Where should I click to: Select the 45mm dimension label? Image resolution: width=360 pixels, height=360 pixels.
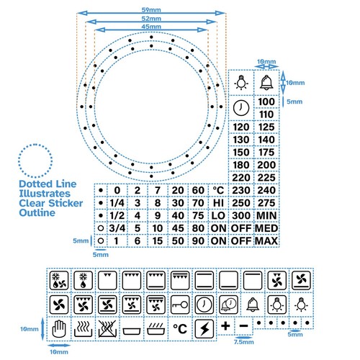pyautogui.click(x=151, y=27)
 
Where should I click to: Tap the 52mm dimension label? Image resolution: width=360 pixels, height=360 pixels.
pyautogui.click(x=151, y=18)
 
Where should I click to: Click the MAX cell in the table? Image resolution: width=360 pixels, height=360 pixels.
pyautogui.click(x=267, y=240)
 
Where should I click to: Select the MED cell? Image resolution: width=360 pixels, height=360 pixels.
pyautogui.click(x=267, y=228)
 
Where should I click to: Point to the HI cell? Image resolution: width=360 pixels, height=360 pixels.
pyautogui.click(x=219, y=203)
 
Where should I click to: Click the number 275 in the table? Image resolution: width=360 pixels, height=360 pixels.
pyautogui.click(x=267, y=203)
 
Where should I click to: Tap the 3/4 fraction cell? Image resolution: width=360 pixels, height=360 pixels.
pyautogui.click(x=117, y=228)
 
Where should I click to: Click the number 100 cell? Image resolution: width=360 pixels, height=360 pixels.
pyautogui.click(x=267, y=105)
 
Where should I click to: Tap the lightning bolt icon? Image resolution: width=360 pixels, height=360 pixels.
pyautogui.click(x=204, y=329)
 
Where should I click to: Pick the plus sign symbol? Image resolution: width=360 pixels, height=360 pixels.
pyautogui.click(x=226, y=326)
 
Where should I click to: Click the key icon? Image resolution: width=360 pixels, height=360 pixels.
pyautogui.click(x=181, y=304)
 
